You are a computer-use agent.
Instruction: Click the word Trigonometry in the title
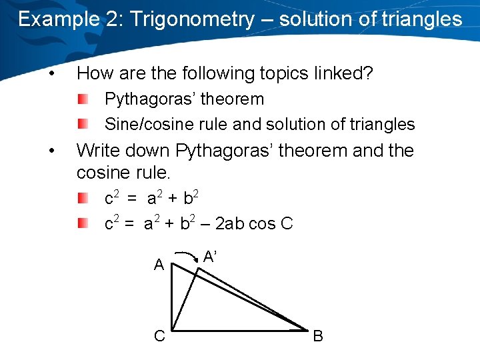click(192, 19)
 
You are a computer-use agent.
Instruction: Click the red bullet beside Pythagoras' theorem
click(82, 99)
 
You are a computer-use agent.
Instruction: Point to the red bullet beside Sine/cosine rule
click(82, 125)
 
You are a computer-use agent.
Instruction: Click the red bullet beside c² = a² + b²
click(82, 198)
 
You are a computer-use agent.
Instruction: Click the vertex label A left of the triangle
click(159, 265)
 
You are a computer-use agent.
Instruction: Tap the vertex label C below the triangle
click(159, 336)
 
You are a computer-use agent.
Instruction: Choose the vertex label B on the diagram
click(318, 336)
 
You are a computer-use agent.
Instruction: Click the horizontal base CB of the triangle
click(240, 329)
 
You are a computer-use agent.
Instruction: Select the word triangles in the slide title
click(421, 19)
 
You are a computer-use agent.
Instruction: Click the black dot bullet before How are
click(52, 73)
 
